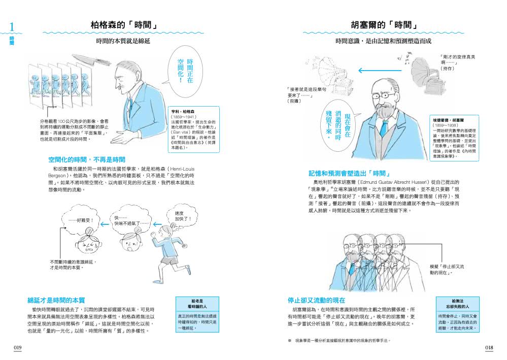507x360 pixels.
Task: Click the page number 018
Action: point(489,348)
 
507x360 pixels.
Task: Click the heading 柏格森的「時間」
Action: point(123,25)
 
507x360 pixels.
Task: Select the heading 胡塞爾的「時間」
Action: point(384,25)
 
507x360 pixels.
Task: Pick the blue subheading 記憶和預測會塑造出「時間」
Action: point(349,173)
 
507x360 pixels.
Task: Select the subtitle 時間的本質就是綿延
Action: point(123,41)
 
